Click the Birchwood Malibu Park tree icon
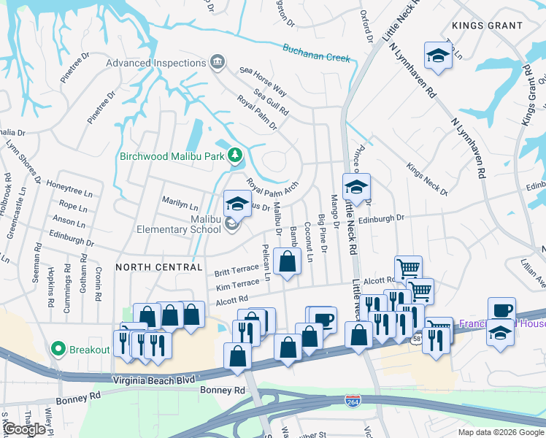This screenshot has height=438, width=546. tap(235, 155)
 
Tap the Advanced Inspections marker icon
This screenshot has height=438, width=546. tap(217, 63)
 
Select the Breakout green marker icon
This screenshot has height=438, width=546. tap(59, 349)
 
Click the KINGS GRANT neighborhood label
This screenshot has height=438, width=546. tap(487, 26)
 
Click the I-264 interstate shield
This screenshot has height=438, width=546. tap(353, 400)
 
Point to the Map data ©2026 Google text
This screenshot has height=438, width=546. tap(500, 432)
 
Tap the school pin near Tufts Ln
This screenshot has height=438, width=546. tap(437, 55)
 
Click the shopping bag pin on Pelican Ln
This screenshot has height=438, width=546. tap(288, 261)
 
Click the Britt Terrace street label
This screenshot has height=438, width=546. tap(237, 272)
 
